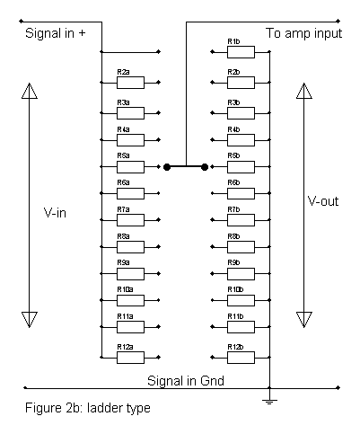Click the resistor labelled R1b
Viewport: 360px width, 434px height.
click(241, 52)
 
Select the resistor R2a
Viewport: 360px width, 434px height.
click(130, 83)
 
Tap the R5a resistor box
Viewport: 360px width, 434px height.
click(130, 167)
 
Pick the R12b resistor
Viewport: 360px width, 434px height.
click(241, 358)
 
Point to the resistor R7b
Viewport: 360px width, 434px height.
click(241, 220)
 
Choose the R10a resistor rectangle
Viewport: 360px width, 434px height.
click(130, 300)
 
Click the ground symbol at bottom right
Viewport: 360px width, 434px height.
click(269, 402)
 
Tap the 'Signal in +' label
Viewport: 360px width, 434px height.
click(56, 33)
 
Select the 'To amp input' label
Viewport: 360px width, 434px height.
click(303, 33)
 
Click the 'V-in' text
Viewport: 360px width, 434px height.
click(55, 213)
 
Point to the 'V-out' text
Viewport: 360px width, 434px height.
click(323, 201)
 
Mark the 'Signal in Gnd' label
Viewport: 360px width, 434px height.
click(186, 381)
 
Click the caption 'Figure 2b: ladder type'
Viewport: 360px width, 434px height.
click(88, 408)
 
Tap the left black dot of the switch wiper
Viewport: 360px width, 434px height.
click(167, 167)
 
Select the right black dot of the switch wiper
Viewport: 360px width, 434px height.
click(205, 167)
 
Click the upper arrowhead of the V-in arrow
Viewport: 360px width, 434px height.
click(30, 91)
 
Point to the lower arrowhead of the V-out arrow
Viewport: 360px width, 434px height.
click(304, 320)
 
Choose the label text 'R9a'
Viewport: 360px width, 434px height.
click(123, 262)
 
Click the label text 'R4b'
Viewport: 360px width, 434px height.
click(233, 129)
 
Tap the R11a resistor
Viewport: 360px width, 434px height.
click(130, 327)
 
